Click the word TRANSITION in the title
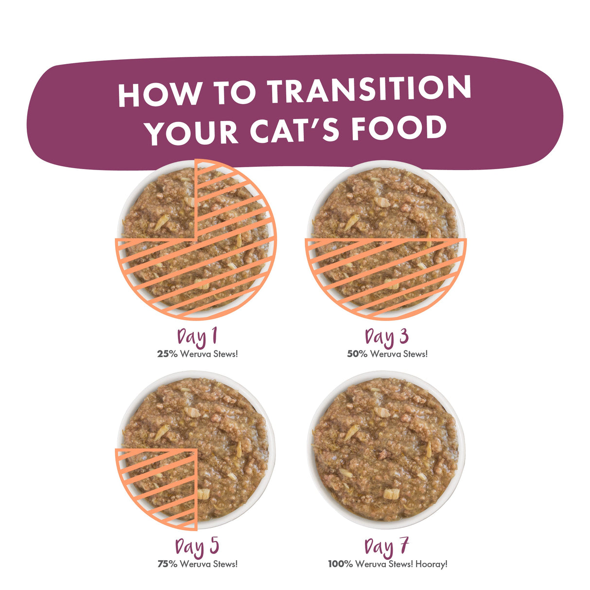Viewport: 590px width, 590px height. [x=369, y=89]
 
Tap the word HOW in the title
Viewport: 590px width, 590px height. [x=160, y=93]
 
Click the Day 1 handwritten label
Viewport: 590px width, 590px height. [x=197, y=337]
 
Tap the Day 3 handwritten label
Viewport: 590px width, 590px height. [x=387, y=337]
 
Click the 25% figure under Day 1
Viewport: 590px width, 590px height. [x=167, y=354]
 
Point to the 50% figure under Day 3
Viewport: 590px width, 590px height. [x=357, y=354]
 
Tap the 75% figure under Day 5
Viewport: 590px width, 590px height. [x=168, y=564]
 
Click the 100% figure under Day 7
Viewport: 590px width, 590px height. [x=341, y=564]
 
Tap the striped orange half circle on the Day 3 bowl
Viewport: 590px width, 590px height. [x=386, y=273]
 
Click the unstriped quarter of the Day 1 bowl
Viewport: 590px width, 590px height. [x=159, y=202]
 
